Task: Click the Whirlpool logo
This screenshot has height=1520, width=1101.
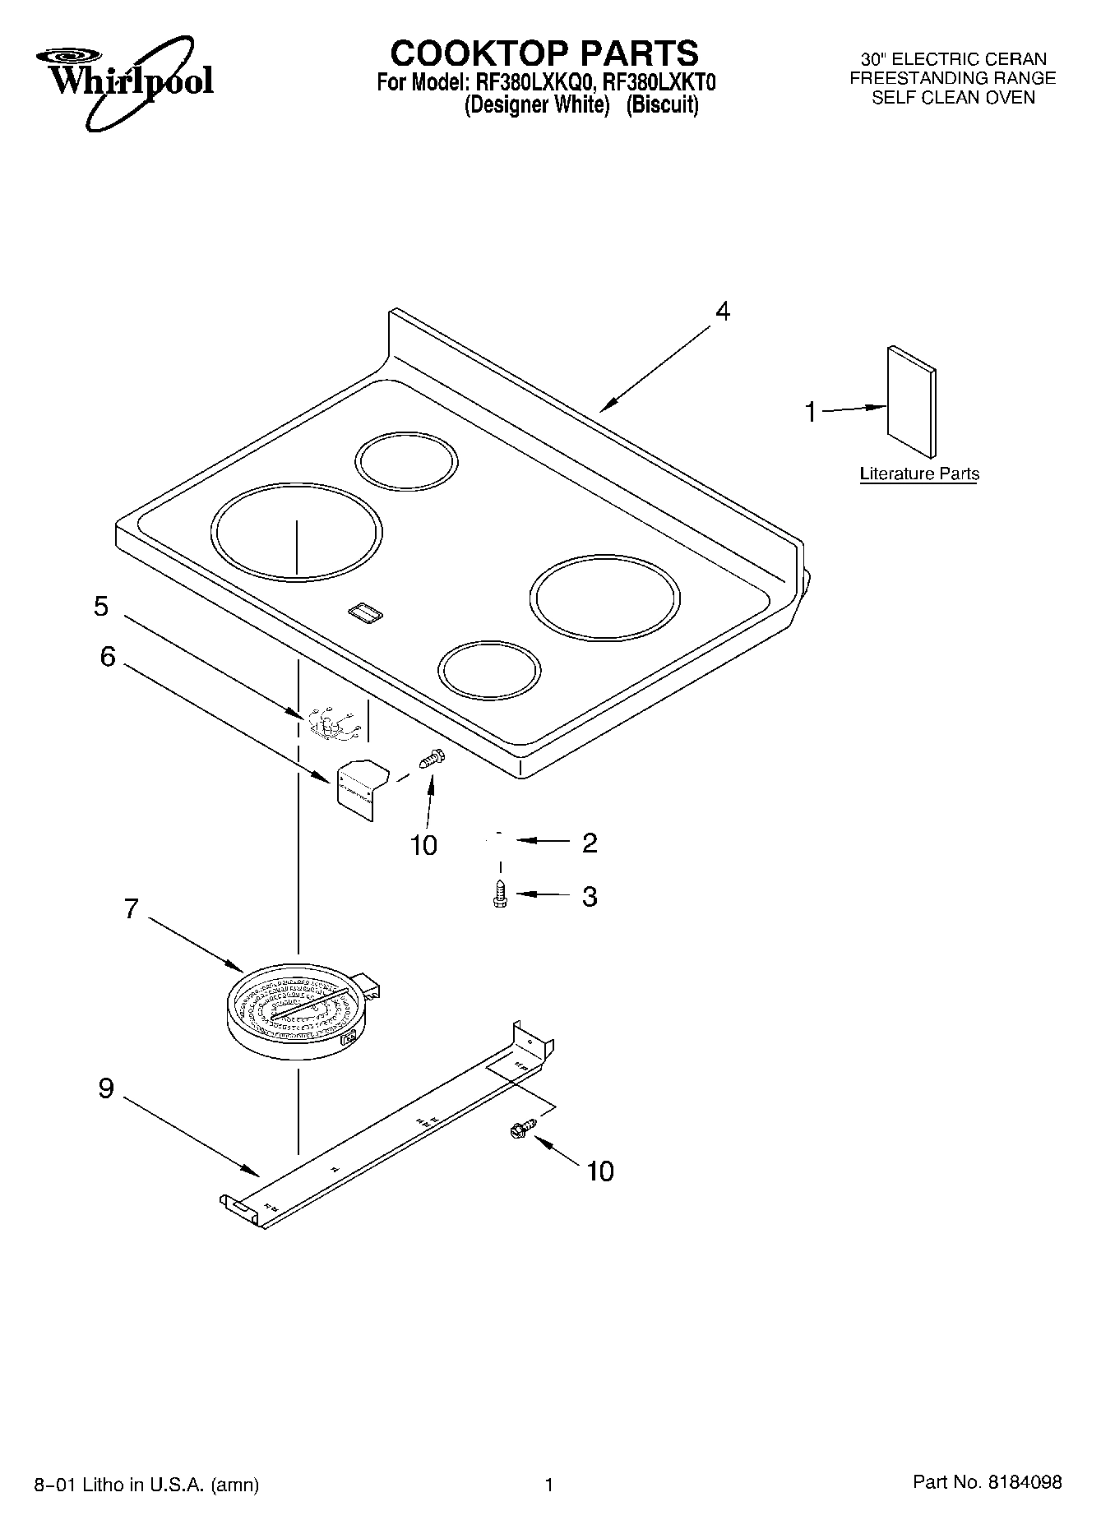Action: tap(123, 80)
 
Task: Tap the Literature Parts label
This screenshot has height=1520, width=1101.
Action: tap(918, 474)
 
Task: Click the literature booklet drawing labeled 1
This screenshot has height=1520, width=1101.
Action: tap(911, 401)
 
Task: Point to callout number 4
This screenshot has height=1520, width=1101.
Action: tap(722, 312)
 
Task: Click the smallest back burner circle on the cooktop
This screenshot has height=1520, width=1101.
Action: tap(406, 462)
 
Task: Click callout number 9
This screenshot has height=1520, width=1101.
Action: tap(106, 1088)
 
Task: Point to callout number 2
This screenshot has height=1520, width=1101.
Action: tap(589, 843)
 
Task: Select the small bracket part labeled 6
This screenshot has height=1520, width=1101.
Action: tap(360, 785)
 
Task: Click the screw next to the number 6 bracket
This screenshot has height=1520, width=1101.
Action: tap(431, 757)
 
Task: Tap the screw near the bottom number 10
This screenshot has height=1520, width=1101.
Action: tap(521, 1130)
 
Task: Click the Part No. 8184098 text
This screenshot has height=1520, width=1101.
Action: tap(987, 1482)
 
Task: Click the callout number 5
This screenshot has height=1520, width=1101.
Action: tap(100, 607)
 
